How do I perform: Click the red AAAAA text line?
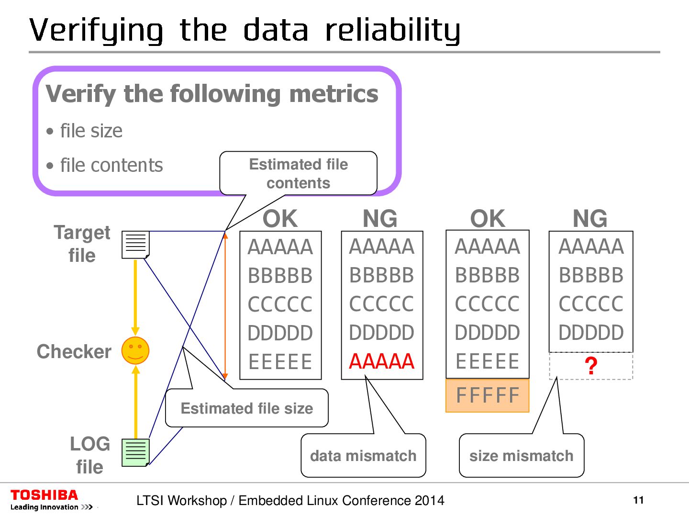(381, 361)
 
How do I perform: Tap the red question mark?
(591, 366)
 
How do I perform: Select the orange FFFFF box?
(487, 396)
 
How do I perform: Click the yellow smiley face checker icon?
(135, 351)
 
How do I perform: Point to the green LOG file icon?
(135, 452)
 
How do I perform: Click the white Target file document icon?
(135, 244)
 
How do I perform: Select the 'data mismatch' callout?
(363, 456)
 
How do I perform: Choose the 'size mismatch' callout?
(521, 456)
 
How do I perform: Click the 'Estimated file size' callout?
(246, 408)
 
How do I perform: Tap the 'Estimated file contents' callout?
(298, 173)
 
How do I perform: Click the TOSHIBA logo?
(44, 495)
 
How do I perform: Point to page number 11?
(638, 500)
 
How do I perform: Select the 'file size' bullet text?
(91, 131)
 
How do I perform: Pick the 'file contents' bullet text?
(111, 165)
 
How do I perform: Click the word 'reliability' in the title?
(392, 30)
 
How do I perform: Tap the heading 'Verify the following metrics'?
(212, 94)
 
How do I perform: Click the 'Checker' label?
(74, 351)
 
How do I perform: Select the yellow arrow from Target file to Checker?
(135, 297)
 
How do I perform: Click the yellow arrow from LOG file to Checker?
(135, 402)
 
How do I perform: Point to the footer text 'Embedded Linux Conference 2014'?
(341, 501)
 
